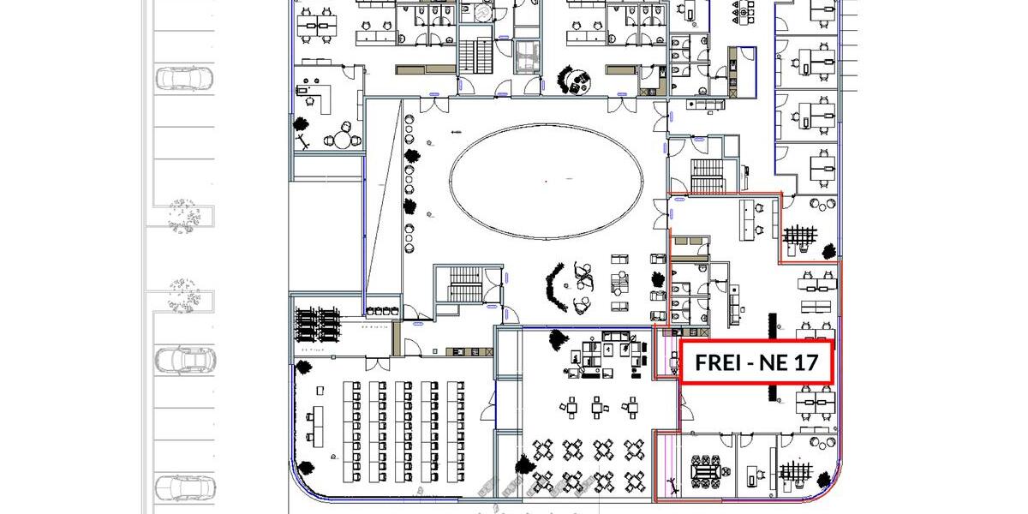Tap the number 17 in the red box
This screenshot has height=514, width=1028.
pyautogui.click(x=806, y=362)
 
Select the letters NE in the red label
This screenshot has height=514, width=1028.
pyautogui.click(x=774, y=362)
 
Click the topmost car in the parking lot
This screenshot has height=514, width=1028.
pyautogui.click(x=184, y=78)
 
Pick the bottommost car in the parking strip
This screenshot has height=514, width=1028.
pyautogui.click(x=184, y=487)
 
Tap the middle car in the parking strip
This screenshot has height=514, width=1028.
pyautogui.click(x=184, y=360)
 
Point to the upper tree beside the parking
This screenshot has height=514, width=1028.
pyautogui.click(x=183, y=216)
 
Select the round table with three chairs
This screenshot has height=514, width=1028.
pyautogui.click(x=343, y=139)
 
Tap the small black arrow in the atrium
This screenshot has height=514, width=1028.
pyautogui.click(x=456, y=132)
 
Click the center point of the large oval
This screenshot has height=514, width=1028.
pyautogui.click(x=546, y=182)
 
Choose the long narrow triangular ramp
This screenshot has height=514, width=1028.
pyautogui.click(x=384, y=197)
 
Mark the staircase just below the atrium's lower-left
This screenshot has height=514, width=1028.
pyautogui.click(x=465, y=284)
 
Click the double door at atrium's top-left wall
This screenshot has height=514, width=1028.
pyautogui.click(x=434, y=105)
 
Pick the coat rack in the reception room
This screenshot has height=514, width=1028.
pyautogui.click(x=303, y=141)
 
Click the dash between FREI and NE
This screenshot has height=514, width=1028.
pyautogui.click(x=749, y=364)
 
